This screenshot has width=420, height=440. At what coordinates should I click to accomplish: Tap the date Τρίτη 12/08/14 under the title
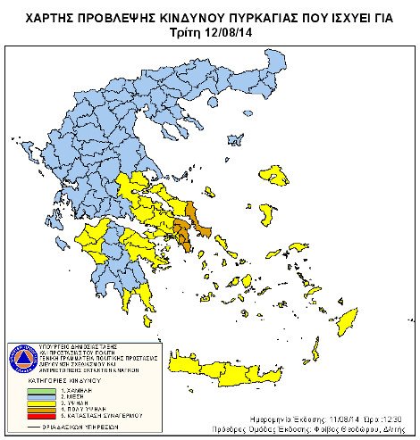coord(210,32)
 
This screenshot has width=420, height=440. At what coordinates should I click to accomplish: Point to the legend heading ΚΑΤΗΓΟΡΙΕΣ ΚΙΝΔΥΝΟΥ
coord(63,381)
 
